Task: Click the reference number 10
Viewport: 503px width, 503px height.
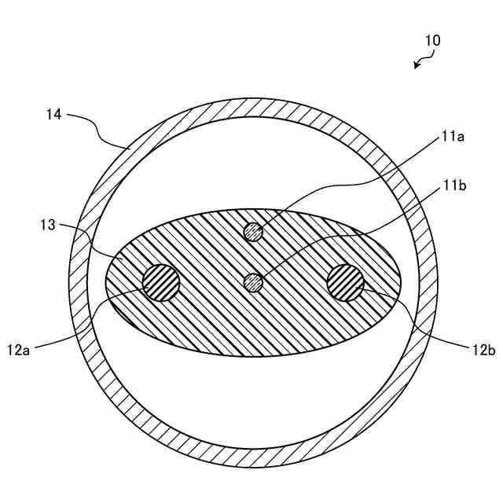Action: tap(432, 40)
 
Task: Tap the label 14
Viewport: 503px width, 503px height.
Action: tap(54, 115)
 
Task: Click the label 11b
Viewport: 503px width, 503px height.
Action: tap(453, 186)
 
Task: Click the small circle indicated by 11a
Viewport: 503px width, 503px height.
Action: tap(252, 231)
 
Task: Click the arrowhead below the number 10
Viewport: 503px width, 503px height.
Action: tap(417, 66)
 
